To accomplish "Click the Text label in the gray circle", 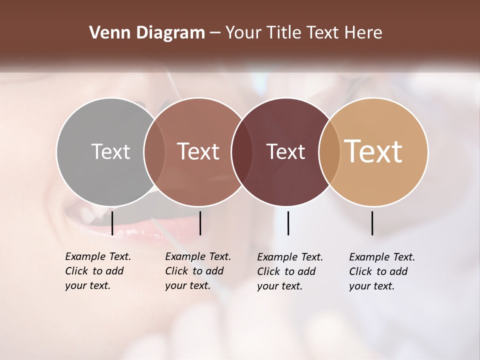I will [110, 151].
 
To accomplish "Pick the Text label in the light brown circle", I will [198, 151].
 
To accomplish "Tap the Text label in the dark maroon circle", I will [285, 151].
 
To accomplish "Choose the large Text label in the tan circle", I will [373, 151].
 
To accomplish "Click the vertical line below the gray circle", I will [112, 223].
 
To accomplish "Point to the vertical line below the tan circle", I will [372, 223].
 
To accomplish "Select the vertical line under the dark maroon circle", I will [288, 223].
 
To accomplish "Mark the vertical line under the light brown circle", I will [200, 223].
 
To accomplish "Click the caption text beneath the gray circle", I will [97, 271].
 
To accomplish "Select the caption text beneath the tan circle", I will [381, 271].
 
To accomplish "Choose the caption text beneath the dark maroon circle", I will [289, 271].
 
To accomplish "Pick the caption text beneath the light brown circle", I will [197, 271].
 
